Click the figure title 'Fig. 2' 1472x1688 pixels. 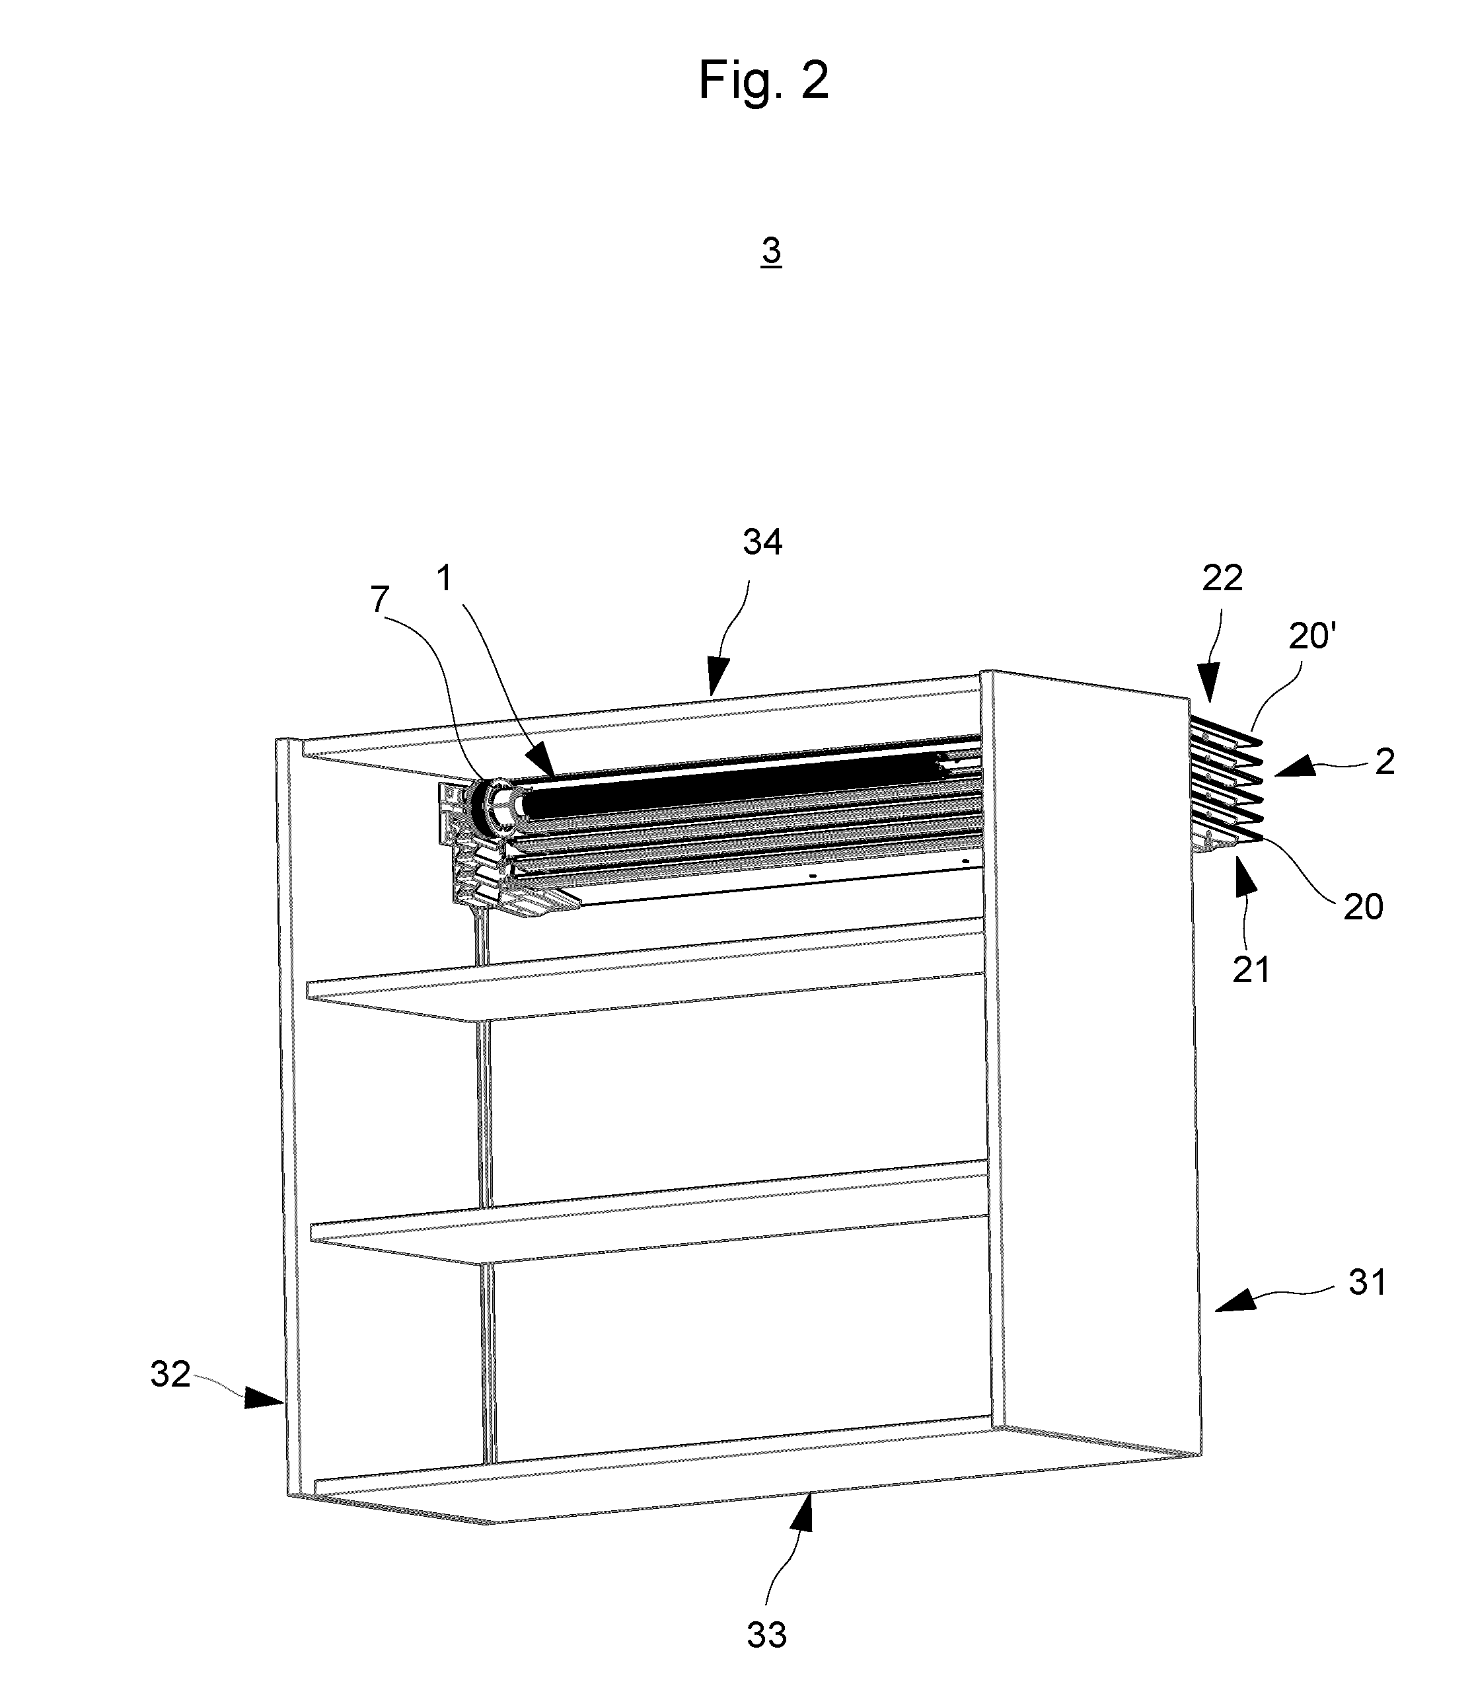(x=763, y=81)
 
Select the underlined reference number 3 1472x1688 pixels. (x=771, y=250)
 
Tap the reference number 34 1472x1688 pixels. (x=762, y=543)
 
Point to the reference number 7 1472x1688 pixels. (x=379, y=601)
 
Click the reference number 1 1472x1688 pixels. (x=445, y=580)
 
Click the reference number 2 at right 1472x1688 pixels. (x=1384, y=762)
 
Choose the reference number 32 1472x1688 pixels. (x=171, y=1374)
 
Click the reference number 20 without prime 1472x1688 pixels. (x=1364, y=907)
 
